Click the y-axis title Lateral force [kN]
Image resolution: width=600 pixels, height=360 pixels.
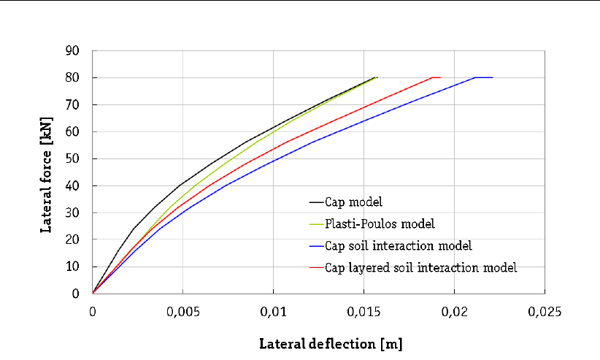tap(47, 172)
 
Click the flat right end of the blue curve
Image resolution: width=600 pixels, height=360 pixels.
tap(492, 77)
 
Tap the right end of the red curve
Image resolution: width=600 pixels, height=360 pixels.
tap(439, 77)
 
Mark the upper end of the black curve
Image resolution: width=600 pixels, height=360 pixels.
tap(376, 77)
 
